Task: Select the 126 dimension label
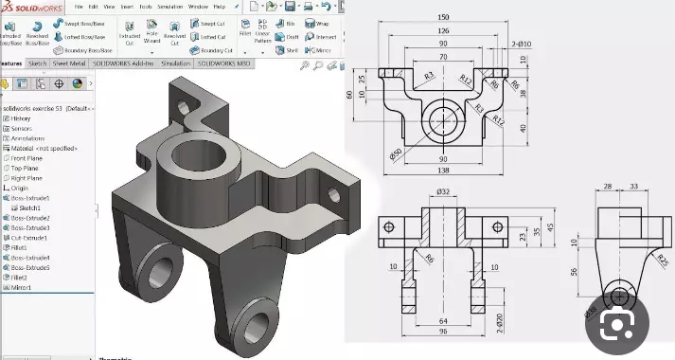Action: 443,30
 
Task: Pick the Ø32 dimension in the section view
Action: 442,192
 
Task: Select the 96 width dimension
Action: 442,332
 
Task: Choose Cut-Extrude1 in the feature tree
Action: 30,238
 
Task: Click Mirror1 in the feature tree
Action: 23,287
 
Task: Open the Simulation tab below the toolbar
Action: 175,63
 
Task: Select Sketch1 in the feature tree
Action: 30,207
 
